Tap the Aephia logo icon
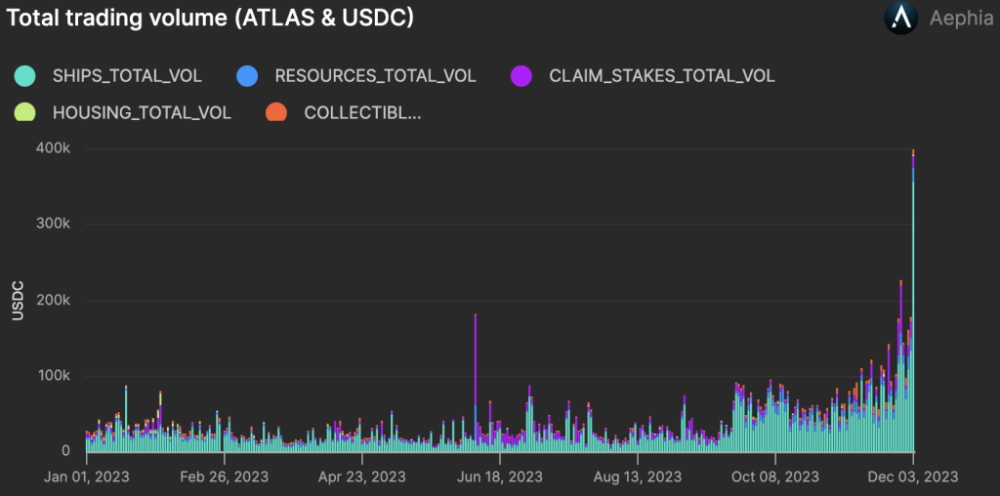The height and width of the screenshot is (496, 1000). pyautogui.click(x=899, y=19)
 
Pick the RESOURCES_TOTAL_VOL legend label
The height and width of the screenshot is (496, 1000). pyautogui.click(x=375, y=75)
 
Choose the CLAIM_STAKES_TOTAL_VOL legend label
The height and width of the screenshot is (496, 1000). pyautogui.click(x=661, y=75)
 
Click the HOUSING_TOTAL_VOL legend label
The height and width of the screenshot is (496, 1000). pyautogui.click(x=142, y=112)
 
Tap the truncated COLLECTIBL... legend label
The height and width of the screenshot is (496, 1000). pyautogui.click(x=362, y=112)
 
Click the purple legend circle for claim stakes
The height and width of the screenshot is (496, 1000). pyautogui.click(x=521, y=75)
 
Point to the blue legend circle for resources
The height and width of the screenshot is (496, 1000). pyautogui.click(x=248, y=75)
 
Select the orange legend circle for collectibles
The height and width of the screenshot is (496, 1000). pyautogui.click(x=276, y=112)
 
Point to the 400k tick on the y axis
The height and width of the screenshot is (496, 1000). pyautogui.click(x=53, y=148)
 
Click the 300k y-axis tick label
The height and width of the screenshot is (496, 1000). pyautogui.click(x=53, y=224)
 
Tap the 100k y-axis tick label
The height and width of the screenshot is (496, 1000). pyautogui.click(x=53, y=376)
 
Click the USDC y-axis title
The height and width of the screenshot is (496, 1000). pyautogui.click(x=17, y=301)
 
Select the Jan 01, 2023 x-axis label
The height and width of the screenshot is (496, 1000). pyautogui.click(x=86, y=476)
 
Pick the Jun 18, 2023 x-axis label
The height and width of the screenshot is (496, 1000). pyautogui.click(x=499, y=476)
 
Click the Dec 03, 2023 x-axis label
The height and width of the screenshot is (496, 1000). pyautogui.click(x=913, y=476)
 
